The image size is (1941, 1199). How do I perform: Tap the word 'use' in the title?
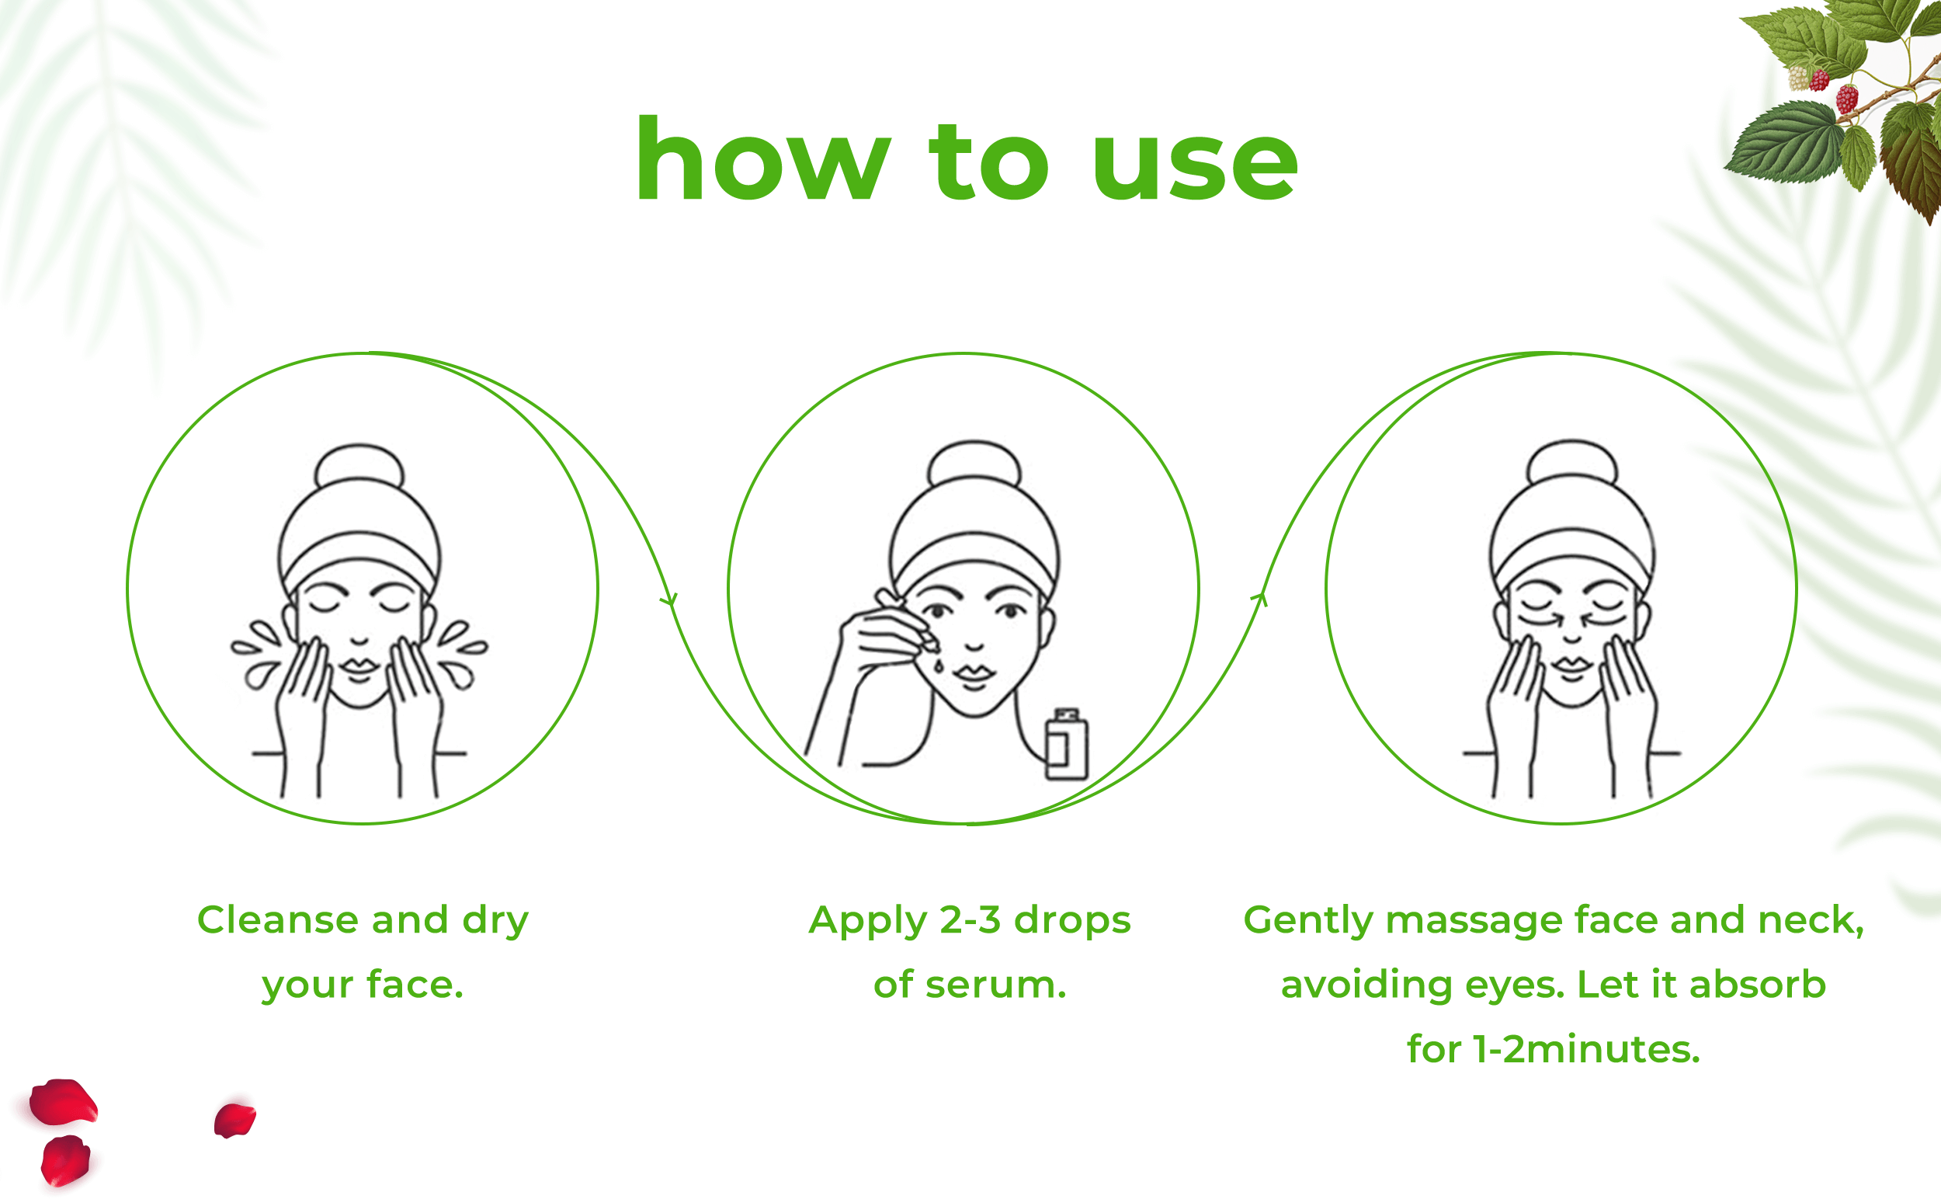pyautogui.click(x=1194, y=166)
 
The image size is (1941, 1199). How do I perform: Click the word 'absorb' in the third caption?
pyautogui.click(x=1758, y=985)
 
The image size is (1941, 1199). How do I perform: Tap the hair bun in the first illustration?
pyautogui.click(x=359, y=466)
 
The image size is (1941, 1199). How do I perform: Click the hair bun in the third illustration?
pyautogui.click(x=1571, y=462)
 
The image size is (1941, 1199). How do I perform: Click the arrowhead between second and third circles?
pyautogui.click(x=1261, y=598)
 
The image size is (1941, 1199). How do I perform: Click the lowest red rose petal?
pyautogui.click(x=65, y=1160)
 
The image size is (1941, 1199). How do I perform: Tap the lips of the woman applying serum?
pyautogui.click(x=974, y=674)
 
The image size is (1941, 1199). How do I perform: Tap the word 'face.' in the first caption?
pyautogui.click(x=415, y=985)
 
